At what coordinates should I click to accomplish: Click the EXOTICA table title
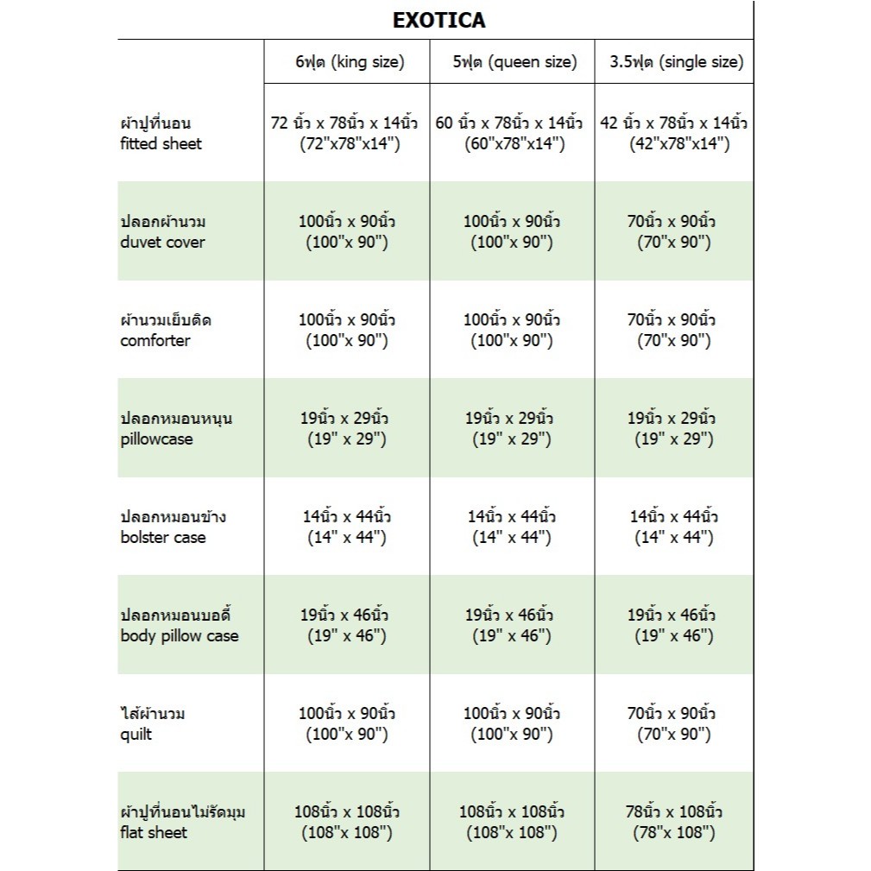click(x=439, y=20)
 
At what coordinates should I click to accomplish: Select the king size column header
click(x=347, y=62)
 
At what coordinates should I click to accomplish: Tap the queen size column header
click(x=513, y=62)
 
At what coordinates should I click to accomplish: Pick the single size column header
click(x=674, y=62)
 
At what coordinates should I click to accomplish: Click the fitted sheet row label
click(x=161, y=133)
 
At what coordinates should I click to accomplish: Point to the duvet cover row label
click(x=163, y=231)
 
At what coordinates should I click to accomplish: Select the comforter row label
click(x=166, y=330)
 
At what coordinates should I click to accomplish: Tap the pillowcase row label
click(x=176, y=428)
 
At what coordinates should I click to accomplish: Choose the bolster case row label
click(x=174, y=527)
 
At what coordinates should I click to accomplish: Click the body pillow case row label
click(x=180, y=625)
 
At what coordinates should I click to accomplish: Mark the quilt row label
click(x=153, y=723)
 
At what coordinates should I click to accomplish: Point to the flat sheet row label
click(x=182, y=822)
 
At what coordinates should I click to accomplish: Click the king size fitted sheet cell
click(x=347, y=133)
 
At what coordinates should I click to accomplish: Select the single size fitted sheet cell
click(x=674, y=133)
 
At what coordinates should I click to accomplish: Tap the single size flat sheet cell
click(x=674, y=822)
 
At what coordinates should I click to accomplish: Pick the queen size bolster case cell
click(x=512, y=527)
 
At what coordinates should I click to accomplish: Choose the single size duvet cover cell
click(x=674, y=231)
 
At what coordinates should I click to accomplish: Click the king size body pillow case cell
click(x=347, y=625)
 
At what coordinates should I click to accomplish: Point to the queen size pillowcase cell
click(x=512, y=428)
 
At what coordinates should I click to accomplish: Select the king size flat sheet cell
click(x=347, y=822)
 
